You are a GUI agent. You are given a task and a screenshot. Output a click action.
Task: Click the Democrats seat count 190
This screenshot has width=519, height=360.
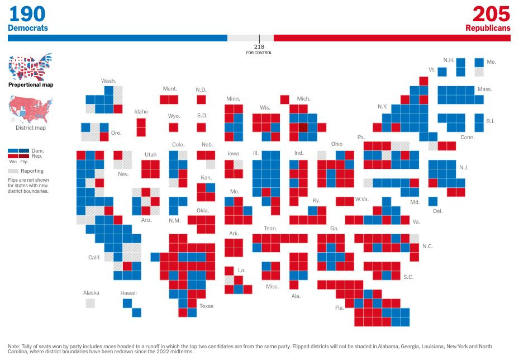point(27,14)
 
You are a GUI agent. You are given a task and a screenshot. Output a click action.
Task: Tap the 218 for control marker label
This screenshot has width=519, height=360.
point(259,49)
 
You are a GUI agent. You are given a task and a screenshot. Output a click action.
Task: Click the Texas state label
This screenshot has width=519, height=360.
point(206,306)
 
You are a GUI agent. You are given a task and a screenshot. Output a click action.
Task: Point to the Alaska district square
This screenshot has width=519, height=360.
point(90,303)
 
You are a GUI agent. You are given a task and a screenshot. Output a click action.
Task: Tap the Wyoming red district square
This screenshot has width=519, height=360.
point(174,127)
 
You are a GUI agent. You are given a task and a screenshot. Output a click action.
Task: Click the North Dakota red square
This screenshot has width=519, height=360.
point(201,100)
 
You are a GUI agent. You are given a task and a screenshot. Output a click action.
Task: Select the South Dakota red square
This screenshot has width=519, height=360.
point(201,127)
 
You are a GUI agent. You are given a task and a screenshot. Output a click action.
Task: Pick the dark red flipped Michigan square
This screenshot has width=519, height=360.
point(303,127)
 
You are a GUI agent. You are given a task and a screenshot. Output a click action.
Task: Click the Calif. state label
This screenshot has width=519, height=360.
point(94,258)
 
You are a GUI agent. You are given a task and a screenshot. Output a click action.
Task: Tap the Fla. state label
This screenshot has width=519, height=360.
point(339,307)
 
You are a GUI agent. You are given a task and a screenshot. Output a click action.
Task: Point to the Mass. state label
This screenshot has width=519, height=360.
point(484,89)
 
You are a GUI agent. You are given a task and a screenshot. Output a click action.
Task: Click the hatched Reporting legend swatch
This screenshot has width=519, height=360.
point(13,170)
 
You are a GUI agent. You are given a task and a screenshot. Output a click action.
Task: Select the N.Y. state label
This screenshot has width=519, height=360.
point(382,106)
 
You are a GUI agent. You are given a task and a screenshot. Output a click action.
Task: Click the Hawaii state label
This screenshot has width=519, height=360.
point(128,293)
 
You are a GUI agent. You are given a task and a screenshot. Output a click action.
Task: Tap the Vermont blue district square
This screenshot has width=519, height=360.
point(442,72)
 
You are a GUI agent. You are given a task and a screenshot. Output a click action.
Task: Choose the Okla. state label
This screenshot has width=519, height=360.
point(202,211)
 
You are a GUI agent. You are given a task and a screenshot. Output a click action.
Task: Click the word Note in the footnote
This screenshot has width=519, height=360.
point(15,347)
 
